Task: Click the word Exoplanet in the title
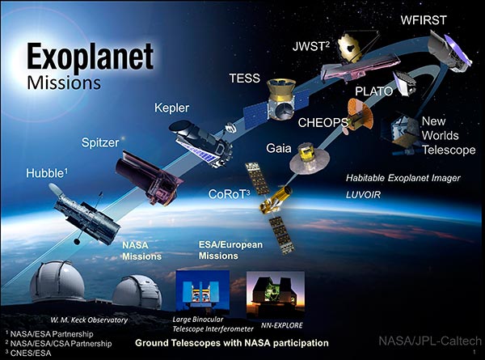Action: pyautogui.click(x=90, y=57)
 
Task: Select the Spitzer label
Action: pyautogui.click(x=100, y=143)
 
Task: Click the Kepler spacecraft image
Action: pyautogui.click(x=200, y=143)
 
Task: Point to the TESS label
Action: pyautogui.click(x=245, y=78)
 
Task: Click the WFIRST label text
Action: pyautogui.click(x=424, y=20)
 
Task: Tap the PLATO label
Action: pyautogui.click(x=373, y=91)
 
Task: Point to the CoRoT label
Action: pyautogui.click(x=230, y=194)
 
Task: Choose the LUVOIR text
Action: pyautogui.click(x=363, y=195)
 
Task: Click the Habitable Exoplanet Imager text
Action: pyautogui.click(x=403, y=178)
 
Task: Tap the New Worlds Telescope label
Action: pyautogui.click(x=449, y=136)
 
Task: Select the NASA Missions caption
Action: pyautogui.click(x=141, y=251)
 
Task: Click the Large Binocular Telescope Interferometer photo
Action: pyautogui.click(x=203, y=290)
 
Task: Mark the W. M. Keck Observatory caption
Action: pyautogui.click(x=89, y=320)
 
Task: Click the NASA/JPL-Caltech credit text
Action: pyautogui.click(x=430, y=341)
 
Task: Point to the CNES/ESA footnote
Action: pyautogui.click(x=28, y=353)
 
